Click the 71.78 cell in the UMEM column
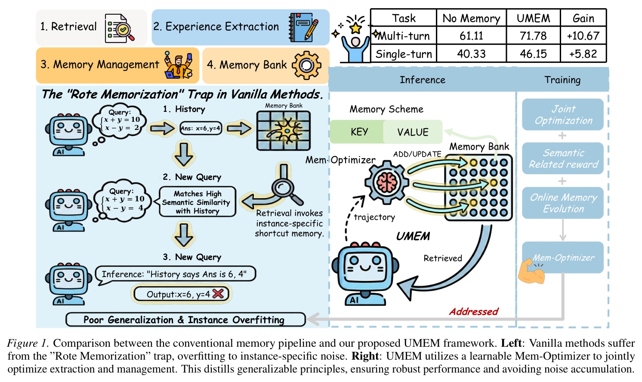coord(533,36)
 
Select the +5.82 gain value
coord(583,54)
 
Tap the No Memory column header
coord(471,18)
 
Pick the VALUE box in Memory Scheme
coord(413,132)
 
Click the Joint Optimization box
coord(563,114)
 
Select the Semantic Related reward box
coord(563,158)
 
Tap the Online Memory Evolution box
coord(563,203)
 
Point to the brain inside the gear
coord(387,182)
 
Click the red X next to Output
coord(219,293)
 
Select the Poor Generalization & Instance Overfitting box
coord(185,320)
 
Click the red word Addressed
coord(474,311)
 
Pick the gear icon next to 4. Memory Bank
coord(306,65)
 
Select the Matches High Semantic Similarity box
coord(198,202)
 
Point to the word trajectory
coord(374,217)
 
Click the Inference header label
coord(423,80)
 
